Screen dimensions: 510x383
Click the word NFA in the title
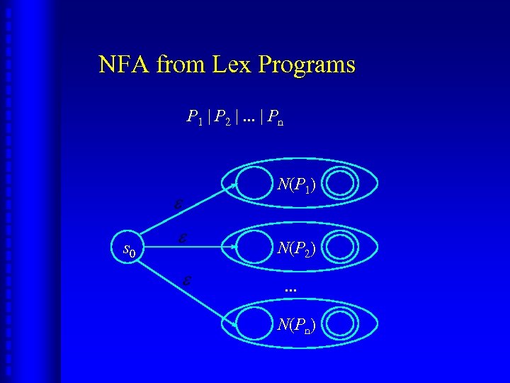pyautogui.click(x=124, y=65)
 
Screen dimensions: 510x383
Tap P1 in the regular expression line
pyautogui.click(x=193, y=118)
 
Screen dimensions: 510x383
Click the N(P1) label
pyautogui.click(x=297, y=185)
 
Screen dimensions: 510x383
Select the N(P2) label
pyautogui.click(x=297, y=248)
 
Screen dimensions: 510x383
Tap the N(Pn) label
pyautogui.click(x=297, y=325)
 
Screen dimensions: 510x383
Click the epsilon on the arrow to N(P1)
pyautogui.click(x=180, y=204)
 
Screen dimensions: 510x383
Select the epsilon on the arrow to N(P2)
pyautogui.click(x=183, y=238)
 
